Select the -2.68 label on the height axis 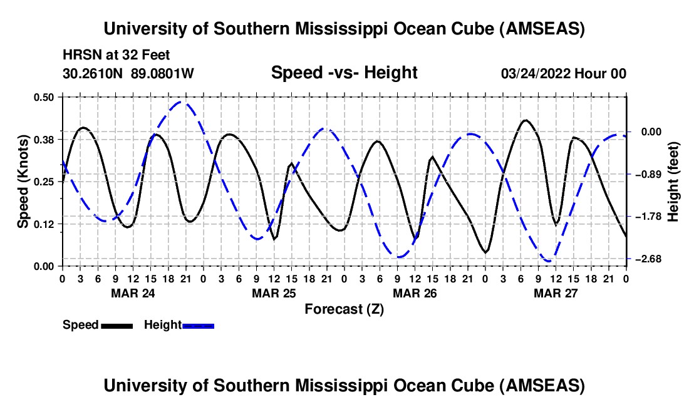tap(650, 259)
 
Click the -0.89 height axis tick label tap(650, 174)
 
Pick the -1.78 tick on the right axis tap(650, 217)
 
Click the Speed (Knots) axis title tap(23, 182)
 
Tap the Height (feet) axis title tap(673, 182)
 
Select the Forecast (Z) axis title tap(344, 309)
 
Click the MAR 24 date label tap(133, 293)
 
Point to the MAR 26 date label tap(414, 293)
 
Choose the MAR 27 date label tap(555, 293)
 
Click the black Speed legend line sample tap(117, 326)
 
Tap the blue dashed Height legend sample tap(199, 326)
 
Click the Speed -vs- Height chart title tap(344, 73)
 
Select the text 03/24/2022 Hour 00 tap(564, 74)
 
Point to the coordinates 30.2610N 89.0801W tap(128, 74)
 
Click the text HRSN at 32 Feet tap(117, 56)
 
